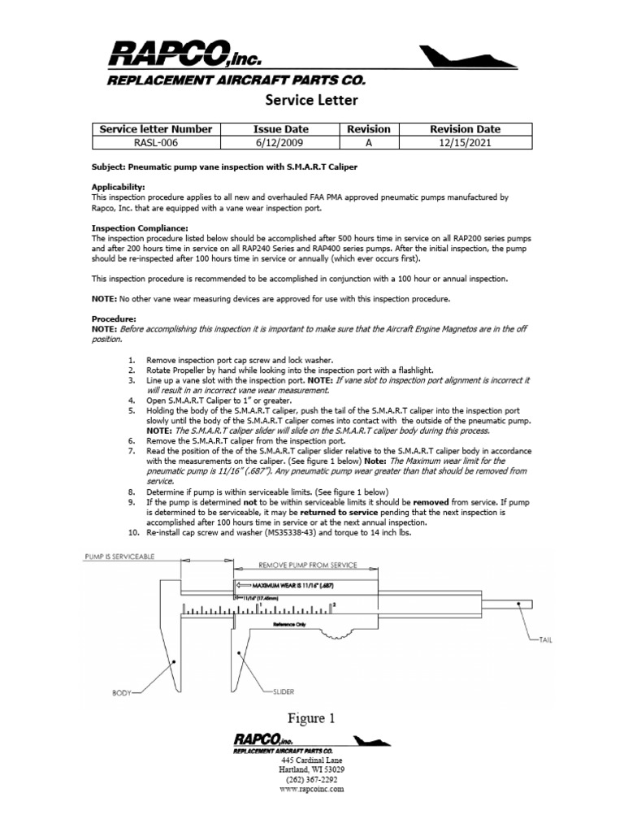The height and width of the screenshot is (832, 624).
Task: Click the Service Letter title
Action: point(312,101)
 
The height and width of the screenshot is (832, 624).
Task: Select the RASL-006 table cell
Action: point(155,142)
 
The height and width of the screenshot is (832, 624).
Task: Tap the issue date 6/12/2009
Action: point(270,142)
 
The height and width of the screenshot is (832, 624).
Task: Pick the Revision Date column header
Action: point(465,129)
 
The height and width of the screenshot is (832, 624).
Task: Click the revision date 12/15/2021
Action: point(465,142)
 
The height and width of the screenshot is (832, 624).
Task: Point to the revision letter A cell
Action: point(368,142)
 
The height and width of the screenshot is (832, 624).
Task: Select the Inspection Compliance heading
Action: point(140,228)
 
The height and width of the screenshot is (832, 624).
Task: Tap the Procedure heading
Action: point(114,319)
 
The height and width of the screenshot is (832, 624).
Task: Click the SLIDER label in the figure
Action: point(283,692)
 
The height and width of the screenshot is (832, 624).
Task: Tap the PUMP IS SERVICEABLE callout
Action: point(119,557)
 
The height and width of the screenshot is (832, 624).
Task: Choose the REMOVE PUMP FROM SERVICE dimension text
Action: point(306,563)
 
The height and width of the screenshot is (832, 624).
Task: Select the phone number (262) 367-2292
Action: point(312,778)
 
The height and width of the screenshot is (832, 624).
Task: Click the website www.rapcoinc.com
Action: point(312,788)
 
